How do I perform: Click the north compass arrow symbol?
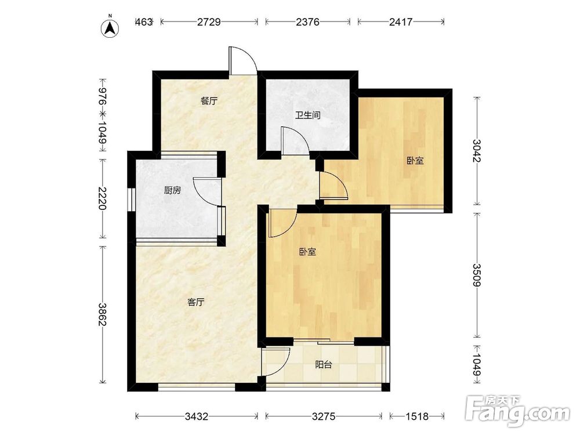point(110,28)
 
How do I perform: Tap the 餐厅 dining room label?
point(209,100)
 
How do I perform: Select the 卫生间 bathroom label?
point(307,115)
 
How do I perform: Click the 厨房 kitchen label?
point(172,190)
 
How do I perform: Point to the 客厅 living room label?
point(195,302)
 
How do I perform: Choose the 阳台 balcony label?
point(323,365)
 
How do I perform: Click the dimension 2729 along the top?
point(209,22)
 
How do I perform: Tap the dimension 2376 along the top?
point(307,22)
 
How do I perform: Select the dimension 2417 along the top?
point(401,22)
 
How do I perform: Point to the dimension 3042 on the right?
point(477,151)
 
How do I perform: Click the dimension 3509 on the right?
point(477,275)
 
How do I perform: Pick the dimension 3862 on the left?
point(102,314)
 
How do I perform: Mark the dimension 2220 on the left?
point(102,198)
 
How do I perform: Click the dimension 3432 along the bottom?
point(197,416)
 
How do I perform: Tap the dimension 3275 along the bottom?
point(323,416)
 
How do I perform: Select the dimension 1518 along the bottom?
point(417,416)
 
